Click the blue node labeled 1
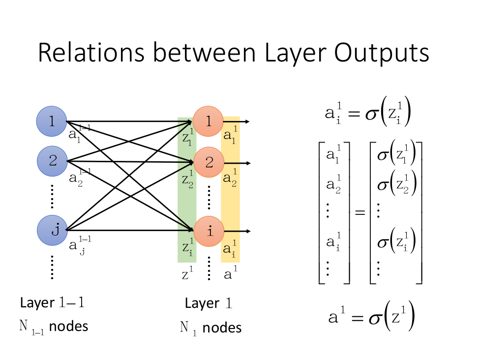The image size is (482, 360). pyautogui.click(x=52, y=121)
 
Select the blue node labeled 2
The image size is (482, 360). pyautogui.click(x=52, y=160)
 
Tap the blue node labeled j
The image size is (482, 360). pyautogui.click(x=52, y=230)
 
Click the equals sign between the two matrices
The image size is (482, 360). pyautogui.click(x=360, y=213)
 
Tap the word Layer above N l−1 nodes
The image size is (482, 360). pyautogui.click(x=37, y=303)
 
